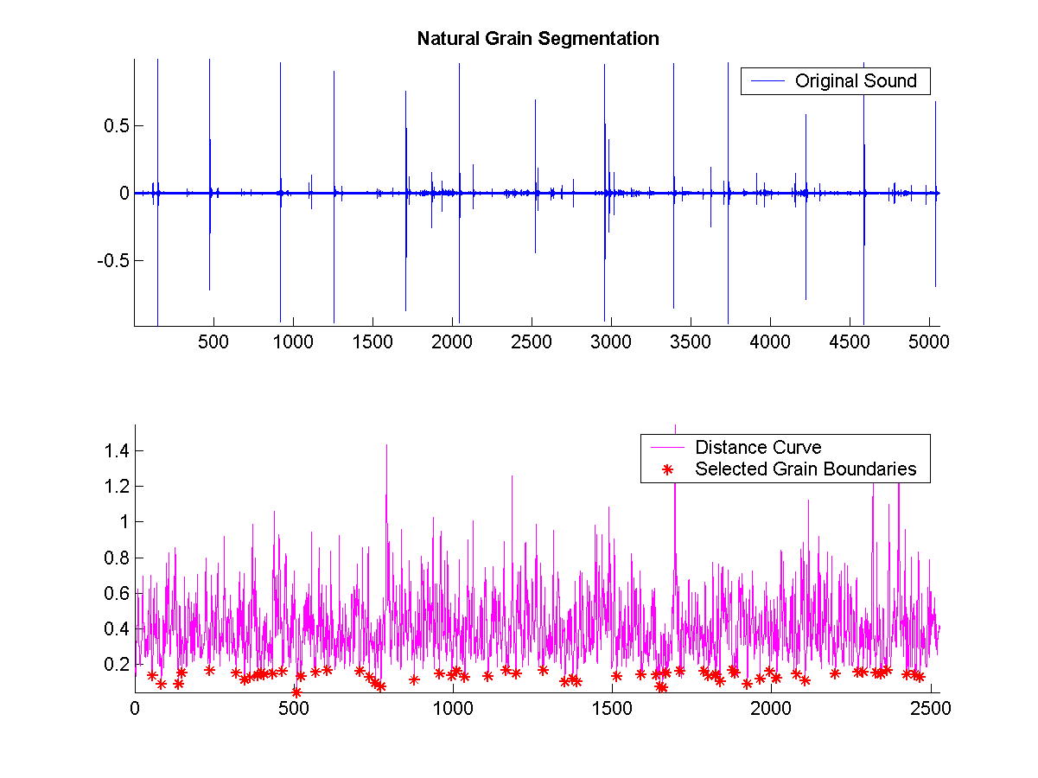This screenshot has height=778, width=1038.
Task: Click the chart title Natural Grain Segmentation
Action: tap(538, 39)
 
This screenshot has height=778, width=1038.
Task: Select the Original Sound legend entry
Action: tap(856, 81)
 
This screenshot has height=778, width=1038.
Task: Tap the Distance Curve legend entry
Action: tap(758, 448)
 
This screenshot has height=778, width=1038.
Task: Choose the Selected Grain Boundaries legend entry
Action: tap(806, 469)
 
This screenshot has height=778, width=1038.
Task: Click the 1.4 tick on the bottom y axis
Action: tap(118, 450)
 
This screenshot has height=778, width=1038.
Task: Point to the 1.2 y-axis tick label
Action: tap(118, 486)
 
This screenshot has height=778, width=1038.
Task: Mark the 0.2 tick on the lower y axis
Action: tap(118, 664)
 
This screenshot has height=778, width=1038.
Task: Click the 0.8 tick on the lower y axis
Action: tap(118, 558)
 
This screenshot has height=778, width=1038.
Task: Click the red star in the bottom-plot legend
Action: tap(666, 469)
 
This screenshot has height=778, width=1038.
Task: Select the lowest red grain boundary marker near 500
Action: tap(296, 692)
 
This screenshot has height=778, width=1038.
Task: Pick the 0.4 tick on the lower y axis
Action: tap(118, 628)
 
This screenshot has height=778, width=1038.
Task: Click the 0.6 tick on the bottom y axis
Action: tap(118, 593)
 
